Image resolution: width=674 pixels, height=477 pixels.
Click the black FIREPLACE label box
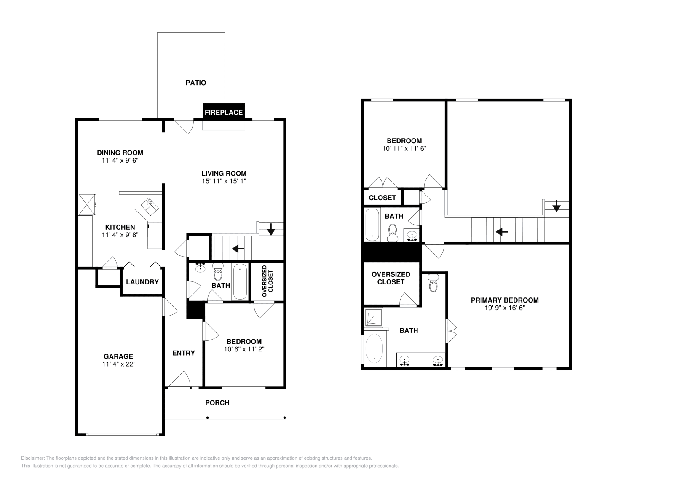pyautogui.click(x=224, y=112)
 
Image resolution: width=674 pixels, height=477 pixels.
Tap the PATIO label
pyautogui.click(x=196, y=83)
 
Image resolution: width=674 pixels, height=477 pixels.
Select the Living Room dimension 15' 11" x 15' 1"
pyautogui.click(x=224, y=181)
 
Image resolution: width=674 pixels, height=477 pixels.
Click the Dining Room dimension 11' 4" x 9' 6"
pyautogui.click(x=120, y=161)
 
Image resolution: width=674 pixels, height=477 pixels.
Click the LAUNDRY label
pyautogui.click(x=142, y=282)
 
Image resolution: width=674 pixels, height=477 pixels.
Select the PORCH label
pyautogui.click(x=217, y=403)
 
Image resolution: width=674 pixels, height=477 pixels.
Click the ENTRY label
pyautogui.click(x=184, y=353)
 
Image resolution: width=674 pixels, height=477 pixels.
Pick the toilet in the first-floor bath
pyautogui.click(x=218, y=273)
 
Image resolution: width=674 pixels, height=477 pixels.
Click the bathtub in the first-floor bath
pyautogui.click(x=240, y=281)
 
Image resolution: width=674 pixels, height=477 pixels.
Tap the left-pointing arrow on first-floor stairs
pyautogui.click(x=238, y=249)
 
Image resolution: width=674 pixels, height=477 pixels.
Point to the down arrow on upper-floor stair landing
pyautogui.click(x=556, y=206)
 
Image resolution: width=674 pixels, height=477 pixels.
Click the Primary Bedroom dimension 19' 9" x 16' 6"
pyautogui.click(x=505, y=308)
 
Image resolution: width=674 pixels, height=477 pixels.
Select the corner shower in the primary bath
pyautogui.click(x=373, y=318)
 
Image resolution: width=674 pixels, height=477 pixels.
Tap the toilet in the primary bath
pyautogui.click(x=433, y=284)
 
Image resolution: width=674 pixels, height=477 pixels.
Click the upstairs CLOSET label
pyautogui.click(x=382, y=198)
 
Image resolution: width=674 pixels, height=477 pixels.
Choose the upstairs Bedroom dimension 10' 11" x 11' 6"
pyautogui.click(x=404, y=149)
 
